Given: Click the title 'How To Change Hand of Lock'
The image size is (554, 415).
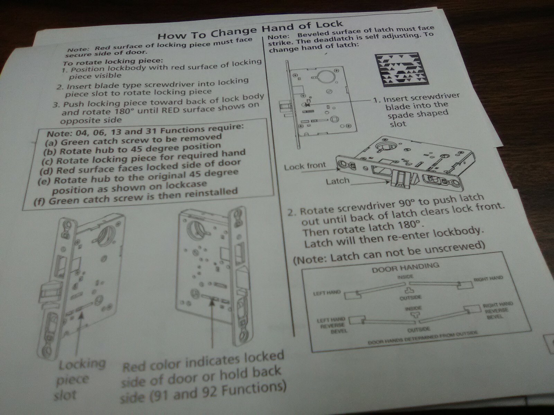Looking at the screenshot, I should pyautogui.click(x=250, y=30).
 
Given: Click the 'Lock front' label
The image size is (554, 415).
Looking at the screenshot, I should pyautogui.click(x=305, y=167).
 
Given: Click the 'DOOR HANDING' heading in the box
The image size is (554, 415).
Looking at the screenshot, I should pyautogui.click(x=405, y=267).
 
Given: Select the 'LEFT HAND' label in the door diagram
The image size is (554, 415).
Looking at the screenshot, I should pyautogui.click(x=327, y=293).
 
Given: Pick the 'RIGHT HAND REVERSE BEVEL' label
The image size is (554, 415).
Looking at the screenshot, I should pyautogui.click(x=499, y=311).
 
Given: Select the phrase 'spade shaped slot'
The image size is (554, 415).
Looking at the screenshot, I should pyautogui.click(x=417, y=118).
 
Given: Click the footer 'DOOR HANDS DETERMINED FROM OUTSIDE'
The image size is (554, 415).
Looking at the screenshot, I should pyautogui.click(x=422, y=338).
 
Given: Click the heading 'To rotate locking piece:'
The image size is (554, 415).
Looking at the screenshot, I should pyautogui.click(x=113, y=61).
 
